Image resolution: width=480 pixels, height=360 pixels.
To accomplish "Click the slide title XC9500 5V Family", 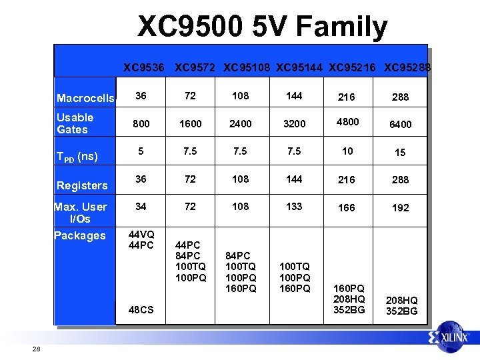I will (x=262, y=27).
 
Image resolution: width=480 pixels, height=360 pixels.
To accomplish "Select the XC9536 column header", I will (x=143, y=67).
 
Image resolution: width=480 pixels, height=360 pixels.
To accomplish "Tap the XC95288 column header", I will (x=407, y=67).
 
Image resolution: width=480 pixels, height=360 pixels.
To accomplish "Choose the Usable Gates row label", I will (x=75, y=123).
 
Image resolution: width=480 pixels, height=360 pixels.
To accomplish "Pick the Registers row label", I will (x=82, y=185).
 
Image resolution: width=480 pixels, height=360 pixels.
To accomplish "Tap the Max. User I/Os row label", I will (x=80, y=213).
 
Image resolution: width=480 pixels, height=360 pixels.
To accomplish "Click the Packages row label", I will (x=79, y=235).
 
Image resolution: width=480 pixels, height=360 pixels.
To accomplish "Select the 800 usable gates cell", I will (x=141, y=123).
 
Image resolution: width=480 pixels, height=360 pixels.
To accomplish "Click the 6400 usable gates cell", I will (x=400, y=124).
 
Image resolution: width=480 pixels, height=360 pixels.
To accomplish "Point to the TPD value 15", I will (x=400, y=153).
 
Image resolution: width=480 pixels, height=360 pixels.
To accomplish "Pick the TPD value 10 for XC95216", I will (x=347, y=151).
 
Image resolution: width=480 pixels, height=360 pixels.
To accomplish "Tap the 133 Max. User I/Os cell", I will (x=293, y=207).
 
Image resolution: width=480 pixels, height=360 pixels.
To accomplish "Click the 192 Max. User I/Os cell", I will (x=400, y=208).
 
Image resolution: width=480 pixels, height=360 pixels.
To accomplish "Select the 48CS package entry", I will (x=141, y=310).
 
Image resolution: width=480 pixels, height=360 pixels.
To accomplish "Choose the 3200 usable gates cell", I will (x=293, y=123).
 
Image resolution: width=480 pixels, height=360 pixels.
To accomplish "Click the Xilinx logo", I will (x=453, y=337).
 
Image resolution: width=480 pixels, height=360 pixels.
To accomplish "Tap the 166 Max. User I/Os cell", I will (x=347, y=208).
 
